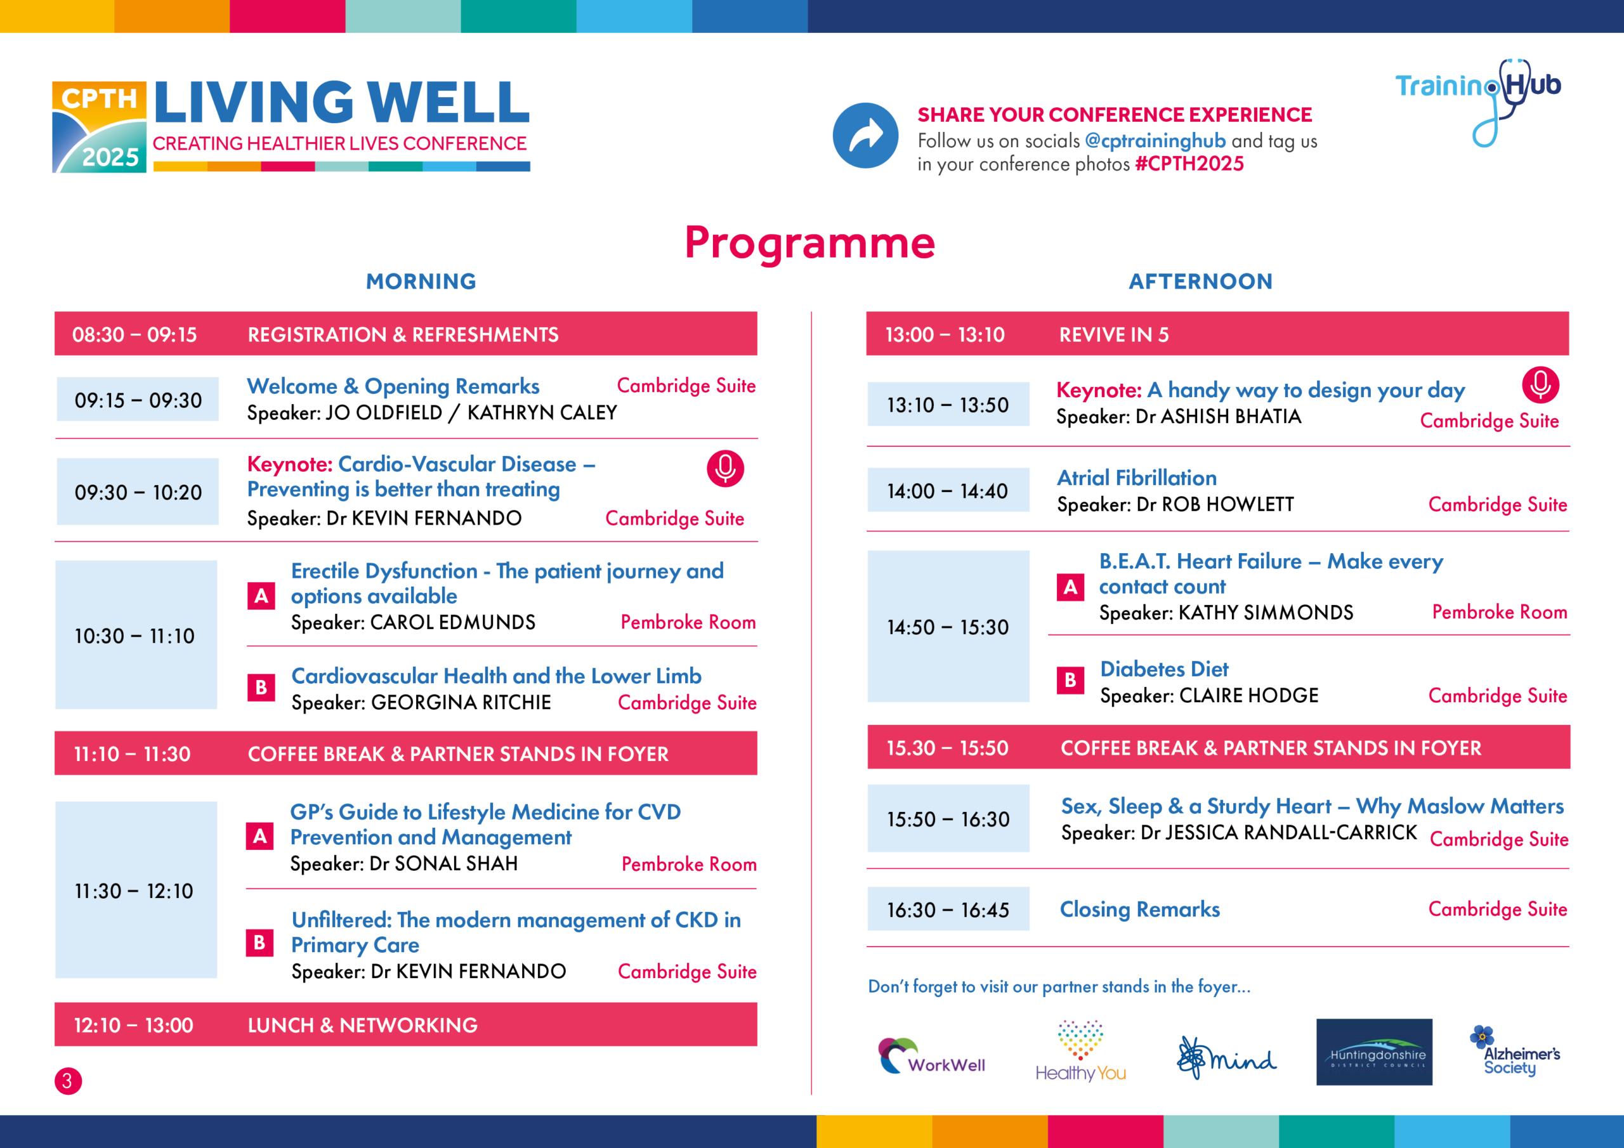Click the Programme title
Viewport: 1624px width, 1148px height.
[810, 243]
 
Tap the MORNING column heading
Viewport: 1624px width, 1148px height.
[421, 282]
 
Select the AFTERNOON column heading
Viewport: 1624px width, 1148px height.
[1200, 282]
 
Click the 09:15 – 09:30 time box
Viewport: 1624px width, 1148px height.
[138, 400]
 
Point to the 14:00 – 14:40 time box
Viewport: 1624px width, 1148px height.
[948, 491]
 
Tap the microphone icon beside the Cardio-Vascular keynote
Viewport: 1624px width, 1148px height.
[725, 468]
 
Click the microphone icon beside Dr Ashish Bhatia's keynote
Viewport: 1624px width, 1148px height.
[1540, 386]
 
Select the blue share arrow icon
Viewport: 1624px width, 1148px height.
[865, 136]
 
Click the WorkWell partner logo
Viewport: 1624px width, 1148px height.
[930, 1056]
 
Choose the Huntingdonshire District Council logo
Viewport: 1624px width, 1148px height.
[1373, 1052]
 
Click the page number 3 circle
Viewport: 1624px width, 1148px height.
[68, 1081]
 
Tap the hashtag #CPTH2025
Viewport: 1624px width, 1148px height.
[1189, 164]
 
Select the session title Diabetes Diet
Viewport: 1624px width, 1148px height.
[1164, 669]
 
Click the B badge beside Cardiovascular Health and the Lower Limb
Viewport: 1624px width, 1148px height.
[261, 687]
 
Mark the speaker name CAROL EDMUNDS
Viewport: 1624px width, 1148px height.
[453, 622]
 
